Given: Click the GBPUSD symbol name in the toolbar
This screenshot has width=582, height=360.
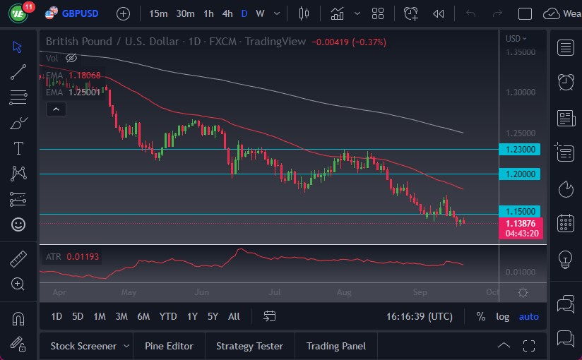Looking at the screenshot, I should click(80, 13).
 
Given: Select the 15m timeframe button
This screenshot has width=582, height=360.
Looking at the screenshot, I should click(158, 13).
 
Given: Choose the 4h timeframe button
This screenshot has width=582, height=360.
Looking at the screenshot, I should click(227, 13).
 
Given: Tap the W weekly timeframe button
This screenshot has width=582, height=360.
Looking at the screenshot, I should click(260, 13).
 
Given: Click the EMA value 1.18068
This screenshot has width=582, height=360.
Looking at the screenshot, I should click(85, 76).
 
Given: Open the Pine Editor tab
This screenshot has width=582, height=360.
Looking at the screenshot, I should click(169, 346).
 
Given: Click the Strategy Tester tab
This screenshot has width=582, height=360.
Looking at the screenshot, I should click(249, 346).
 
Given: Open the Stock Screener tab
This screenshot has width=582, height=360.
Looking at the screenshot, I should click(83, 346).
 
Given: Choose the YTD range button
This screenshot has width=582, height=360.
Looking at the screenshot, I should click(168, 316).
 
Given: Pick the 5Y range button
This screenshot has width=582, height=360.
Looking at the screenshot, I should click(213, 316).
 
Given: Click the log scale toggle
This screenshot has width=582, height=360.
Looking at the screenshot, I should click(502, 316).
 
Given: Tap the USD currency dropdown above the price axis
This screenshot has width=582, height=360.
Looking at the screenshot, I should click(516, 39).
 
